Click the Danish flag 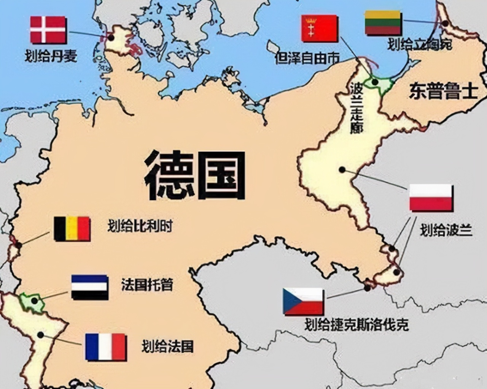(x=48, y=30)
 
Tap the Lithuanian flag (x=383, y=23)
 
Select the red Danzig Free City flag (x=319, y=28)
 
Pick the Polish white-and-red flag (x=431, y=198)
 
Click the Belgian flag (x=72, y=229)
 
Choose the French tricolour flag (x=105, y=347)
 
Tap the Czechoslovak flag (x=303, y=302)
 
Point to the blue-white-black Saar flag (x=90, y=287)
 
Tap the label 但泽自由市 (x=307, y=58)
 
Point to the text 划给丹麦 (x=51, y=56)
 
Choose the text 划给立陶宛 (x=420, y=44)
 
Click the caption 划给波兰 (x=446, y=230)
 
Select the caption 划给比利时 (x=140, y=226)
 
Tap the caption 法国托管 (x=147, y=285)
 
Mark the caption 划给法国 (x=167, y=346)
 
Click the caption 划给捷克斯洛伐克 (x=356, y=325)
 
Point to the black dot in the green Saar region (x=35, y=301)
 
